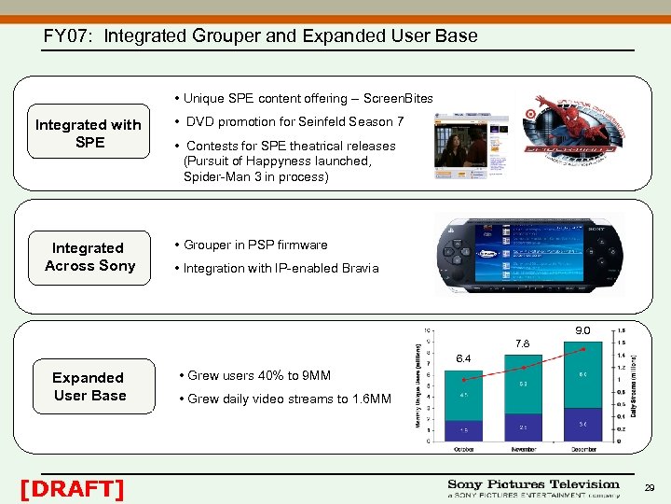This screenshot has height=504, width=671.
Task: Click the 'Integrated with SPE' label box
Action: click(89, 133)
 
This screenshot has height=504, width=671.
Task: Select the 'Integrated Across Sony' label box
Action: click(89, 257)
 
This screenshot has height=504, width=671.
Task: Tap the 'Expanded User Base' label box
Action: click(89, 386)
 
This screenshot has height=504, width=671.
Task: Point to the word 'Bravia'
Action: click(359, 268)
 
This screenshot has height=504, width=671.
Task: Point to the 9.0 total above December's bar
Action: click(582, 329)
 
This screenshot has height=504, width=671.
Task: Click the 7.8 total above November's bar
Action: click(523, 343)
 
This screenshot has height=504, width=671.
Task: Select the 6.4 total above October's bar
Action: click(463, 358)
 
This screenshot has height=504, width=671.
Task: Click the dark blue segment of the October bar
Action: click(464, 429)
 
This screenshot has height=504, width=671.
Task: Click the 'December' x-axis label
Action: click(583, 449)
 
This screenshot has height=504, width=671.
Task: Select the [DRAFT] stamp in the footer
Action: click(72, 488)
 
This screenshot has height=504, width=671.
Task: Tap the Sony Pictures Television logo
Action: click(533, 488)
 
